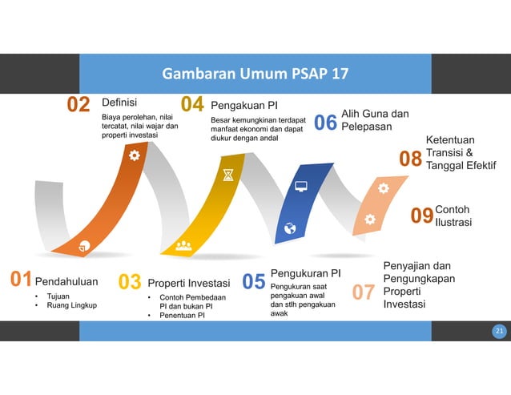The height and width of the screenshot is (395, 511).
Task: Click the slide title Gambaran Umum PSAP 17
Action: (x=255, y=75)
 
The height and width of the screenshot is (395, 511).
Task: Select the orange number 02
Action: (x=78, y=106)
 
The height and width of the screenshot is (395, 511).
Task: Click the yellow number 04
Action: (x=192, y=106)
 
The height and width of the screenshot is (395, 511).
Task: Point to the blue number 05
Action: (x=254, y=282)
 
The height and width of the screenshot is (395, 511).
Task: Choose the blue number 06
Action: (x=324, y=123)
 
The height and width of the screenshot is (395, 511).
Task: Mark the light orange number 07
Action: (x=364, y=292)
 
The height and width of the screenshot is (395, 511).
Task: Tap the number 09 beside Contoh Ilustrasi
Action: (x=421, y=216)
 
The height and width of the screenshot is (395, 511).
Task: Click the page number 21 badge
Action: (x=499, y=331)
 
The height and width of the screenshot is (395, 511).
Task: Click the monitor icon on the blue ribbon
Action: (x=301, y=187)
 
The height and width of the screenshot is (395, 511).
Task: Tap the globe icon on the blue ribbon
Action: (x=290, y=228)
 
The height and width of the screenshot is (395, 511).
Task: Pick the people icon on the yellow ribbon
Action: (x=183, y=245)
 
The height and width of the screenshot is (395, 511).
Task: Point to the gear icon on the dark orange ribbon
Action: (x=134, y=155)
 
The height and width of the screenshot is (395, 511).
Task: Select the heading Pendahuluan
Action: (x=66, y=281)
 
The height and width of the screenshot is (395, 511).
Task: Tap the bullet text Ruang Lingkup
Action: (x=72, y=305)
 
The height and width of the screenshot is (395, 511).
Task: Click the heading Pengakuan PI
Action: (x=243, y=104)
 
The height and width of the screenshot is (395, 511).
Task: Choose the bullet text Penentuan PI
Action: (x=182, y=316)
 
